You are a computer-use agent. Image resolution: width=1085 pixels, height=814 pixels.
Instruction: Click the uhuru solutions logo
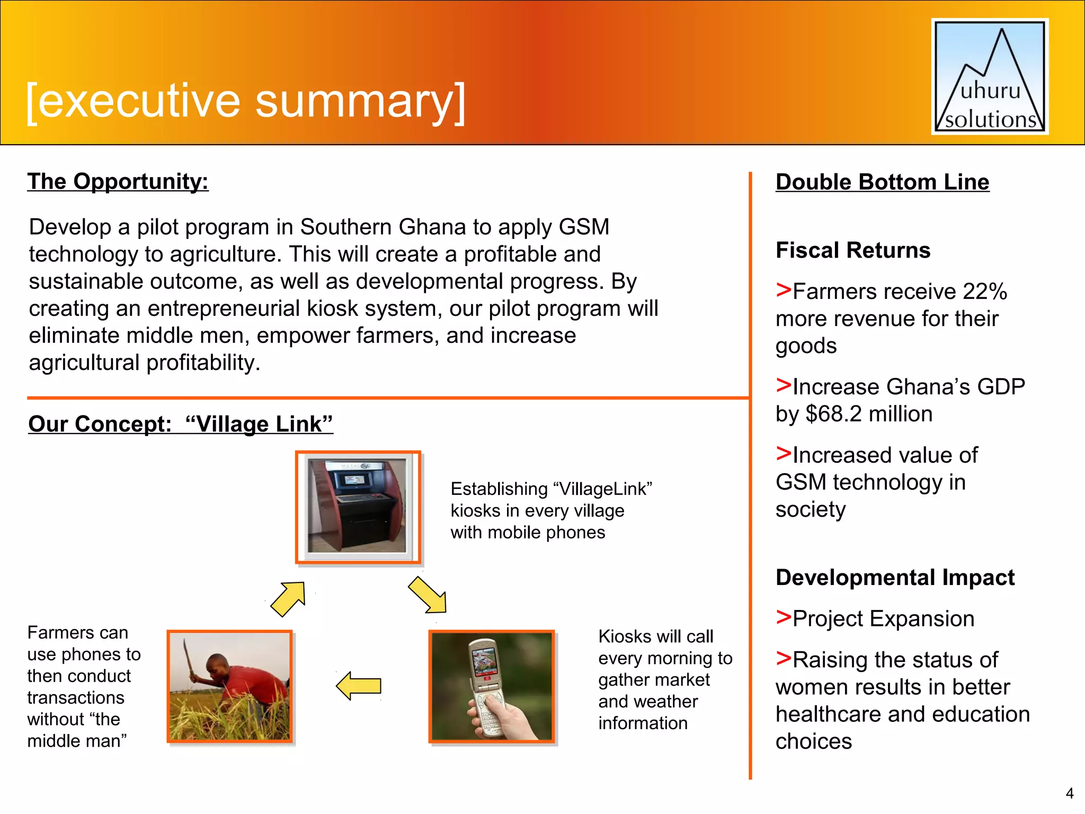[x=990, y=77]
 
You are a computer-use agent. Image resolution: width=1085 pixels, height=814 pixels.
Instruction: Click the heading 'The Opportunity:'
[x=118, y=181]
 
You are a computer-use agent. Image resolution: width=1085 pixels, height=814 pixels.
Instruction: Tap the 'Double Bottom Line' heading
[x=882, y=182]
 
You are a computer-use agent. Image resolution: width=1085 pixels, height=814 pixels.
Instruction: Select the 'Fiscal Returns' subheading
[x=852, y=250]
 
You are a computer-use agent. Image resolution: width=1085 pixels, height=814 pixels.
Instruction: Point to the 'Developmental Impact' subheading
[x=895, y=577]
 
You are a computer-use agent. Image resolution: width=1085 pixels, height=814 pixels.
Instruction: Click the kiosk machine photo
[x=358, y=506]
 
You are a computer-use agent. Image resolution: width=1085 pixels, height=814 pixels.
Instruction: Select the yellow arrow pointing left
[x=359, y=686]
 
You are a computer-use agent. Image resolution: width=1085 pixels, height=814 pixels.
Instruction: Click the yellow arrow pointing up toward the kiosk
[x=289, y=599]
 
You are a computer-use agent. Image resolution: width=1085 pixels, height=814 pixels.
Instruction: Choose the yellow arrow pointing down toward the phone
[x=428, y=595]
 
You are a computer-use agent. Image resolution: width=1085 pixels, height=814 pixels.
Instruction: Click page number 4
[x=1069, y=793]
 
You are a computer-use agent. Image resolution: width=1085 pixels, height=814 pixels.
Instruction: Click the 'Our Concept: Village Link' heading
[x=180, y=424]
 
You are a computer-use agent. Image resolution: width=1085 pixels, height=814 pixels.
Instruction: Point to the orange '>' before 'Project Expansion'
[x=783, y=617]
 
